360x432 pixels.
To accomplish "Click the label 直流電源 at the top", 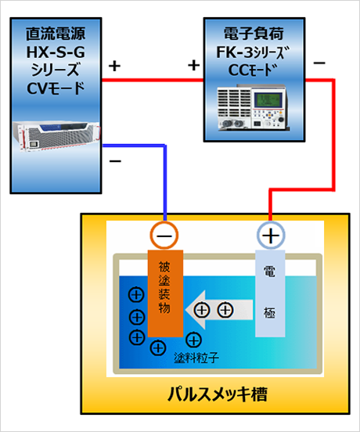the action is click(56, 34).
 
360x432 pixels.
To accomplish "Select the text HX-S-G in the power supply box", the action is click(56, 52).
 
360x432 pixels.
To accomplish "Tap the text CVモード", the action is click(56, 88).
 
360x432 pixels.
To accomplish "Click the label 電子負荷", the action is click(254, 34).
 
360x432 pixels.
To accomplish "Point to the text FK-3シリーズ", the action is click(253, 52).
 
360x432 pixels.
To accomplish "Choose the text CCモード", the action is click(253, 70).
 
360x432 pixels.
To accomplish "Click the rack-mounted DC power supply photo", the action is click(56, 137).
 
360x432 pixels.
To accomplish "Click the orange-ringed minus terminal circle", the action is click(164, 236).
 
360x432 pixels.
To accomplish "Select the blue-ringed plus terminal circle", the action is click(271, 236).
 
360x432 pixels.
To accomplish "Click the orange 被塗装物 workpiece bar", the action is click(166, 293).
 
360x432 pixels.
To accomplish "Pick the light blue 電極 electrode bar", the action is click(270, 293).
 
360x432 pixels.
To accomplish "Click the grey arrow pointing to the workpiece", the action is click(219, 310).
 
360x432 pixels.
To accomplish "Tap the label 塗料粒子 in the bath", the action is click(196, 358).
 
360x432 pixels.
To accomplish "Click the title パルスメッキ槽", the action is click(218, 394).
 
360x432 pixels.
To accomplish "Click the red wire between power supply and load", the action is click(153, 80).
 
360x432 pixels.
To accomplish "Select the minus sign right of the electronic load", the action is click(319, 63).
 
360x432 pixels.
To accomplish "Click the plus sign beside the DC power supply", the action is click(114, 66).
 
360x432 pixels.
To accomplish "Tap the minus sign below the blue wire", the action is click(115, 161).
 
